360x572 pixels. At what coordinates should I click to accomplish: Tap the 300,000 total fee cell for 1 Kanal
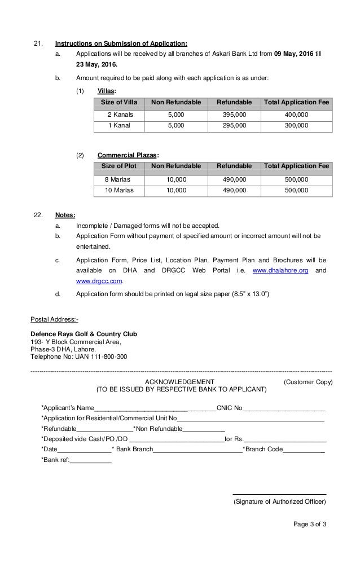(x=296, y=126)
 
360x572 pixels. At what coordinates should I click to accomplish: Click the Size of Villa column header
(x=119, y=102)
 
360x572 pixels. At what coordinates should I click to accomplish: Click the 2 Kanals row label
(x=119, y=115)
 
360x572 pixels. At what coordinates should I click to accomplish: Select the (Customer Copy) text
(x=308, y=382)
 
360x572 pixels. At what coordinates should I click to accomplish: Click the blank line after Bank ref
(x=91, y=460)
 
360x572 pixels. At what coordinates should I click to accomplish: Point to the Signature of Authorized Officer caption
(x=279, y=501)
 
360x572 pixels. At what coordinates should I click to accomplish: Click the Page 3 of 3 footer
(x=310, y=524)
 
